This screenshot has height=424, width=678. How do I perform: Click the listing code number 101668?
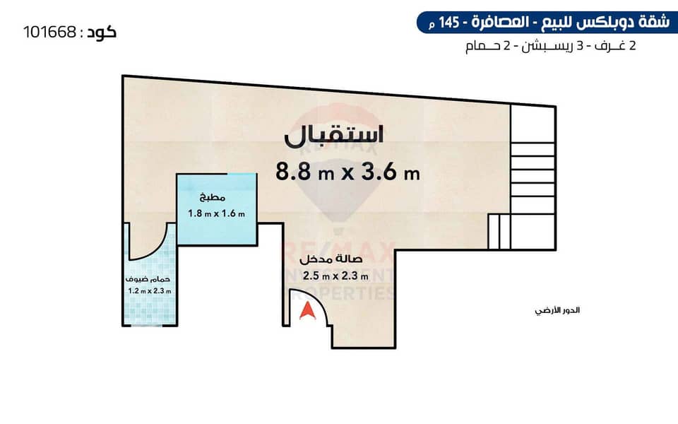coord(49,32)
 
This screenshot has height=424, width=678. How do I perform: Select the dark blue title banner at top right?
coord(547,23)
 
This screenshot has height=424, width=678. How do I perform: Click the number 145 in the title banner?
coord(449,23)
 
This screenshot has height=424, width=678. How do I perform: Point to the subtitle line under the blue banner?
coord(550,46)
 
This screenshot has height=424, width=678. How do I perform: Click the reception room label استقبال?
coord(334,134)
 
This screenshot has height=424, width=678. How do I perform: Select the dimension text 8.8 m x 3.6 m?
coord(347,172)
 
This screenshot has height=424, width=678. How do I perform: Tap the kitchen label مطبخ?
coord(213,198)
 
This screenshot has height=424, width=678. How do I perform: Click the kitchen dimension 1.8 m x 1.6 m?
coord(216,213)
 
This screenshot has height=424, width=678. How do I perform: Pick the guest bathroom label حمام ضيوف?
coord(148,279)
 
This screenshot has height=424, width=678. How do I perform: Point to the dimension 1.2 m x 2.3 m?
coord(150,290)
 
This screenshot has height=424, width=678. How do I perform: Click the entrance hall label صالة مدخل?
coord(331,259)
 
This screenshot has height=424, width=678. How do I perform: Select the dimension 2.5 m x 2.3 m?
coord(335,276)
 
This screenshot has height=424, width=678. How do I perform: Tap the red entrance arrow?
coord(307,311)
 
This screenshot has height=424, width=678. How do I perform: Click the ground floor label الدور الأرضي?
coord(557,311)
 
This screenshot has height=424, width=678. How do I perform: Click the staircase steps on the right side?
coord(533,177)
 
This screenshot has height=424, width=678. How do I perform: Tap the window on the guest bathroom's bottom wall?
coord(150,324)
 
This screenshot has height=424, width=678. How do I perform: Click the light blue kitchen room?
coord(217,209)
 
